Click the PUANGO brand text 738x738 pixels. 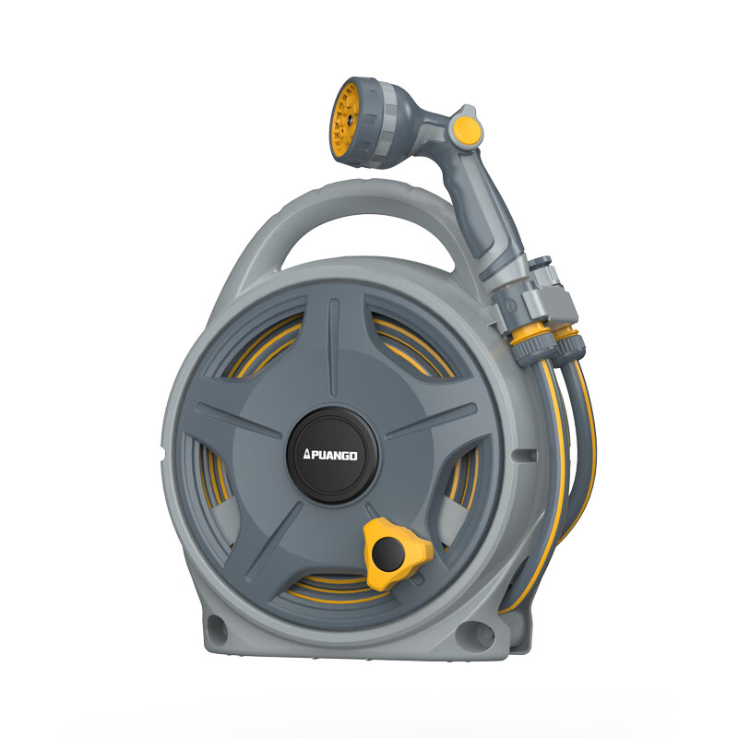(333, 455)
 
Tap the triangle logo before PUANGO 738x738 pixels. (306, 454)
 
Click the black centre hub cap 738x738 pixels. (332, 455)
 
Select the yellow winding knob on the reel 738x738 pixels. (397, 553)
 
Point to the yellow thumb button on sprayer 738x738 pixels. (465, 128)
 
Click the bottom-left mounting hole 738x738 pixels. (217, 628)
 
